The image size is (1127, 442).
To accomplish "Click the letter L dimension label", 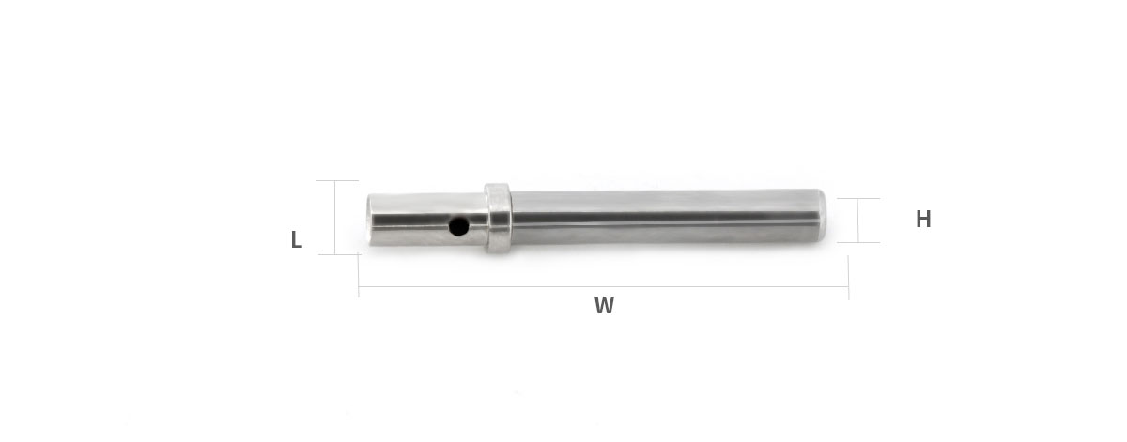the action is tap(297, 239).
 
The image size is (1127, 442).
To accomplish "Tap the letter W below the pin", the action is tap(604, 305).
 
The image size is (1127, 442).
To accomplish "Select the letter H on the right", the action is tap(923, 219).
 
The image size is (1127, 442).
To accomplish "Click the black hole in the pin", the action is tap(458, 226).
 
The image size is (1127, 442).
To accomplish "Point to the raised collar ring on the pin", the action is tap(498, 218).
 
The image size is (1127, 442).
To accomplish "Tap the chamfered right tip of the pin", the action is tap(822, 216).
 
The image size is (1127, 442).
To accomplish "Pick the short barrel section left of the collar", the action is tap(426, 220).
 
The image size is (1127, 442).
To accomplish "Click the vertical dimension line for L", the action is tap(334, 217).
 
